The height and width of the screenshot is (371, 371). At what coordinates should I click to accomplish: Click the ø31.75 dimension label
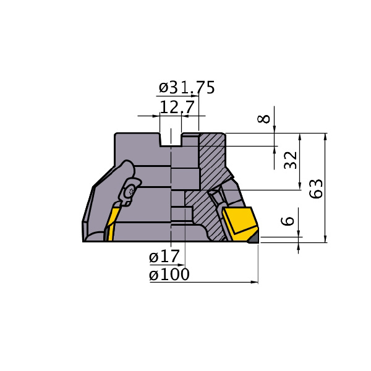click(x=187, y=87)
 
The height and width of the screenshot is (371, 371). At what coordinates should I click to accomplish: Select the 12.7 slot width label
click(x=177, y=107)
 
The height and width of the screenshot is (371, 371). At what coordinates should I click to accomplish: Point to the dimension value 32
click(x=291, y=160)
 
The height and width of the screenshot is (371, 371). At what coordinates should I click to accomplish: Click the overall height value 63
click(x=316, y=189)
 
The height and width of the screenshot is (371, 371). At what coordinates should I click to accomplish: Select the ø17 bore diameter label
click(x=164, y=256)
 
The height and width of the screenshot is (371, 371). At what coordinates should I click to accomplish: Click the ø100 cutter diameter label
click(x=169, y=274)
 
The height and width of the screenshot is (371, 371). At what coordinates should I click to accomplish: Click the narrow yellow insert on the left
click(x=112, y=224)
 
